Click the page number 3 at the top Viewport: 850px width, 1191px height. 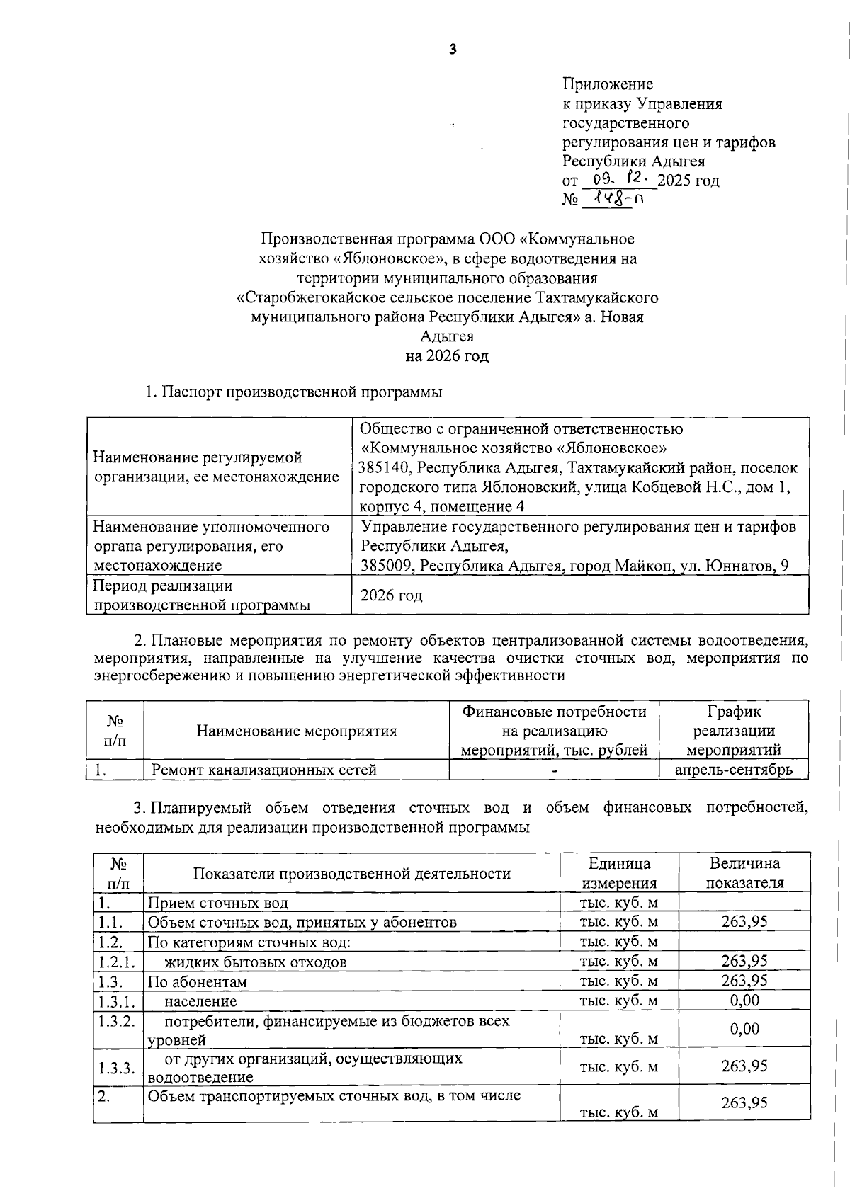[453, 50]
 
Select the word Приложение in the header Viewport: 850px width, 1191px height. [608, 85]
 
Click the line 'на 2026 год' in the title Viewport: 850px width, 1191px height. [447, 355]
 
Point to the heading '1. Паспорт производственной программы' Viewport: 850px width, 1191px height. [294, 392]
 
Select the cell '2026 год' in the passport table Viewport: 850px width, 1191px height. [392, 595]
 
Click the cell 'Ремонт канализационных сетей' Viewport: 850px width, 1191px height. [264, 770]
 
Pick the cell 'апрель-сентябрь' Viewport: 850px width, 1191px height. [733, 770]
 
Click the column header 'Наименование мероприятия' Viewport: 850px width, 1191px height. [296, 731]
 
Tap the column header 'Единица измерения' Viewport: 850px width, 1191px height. [619, 873]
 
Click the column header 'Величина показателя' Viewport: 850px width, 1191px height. [744, 873]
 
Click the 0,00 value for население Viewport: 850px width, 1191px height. [744, 1000]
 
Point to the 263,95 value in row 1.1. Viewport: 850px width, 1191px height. [744, 921]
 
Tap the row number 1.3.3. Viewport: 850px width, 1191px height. [117, 1068]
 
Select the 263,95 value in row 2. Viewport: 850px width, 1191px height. [744, 1102]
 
